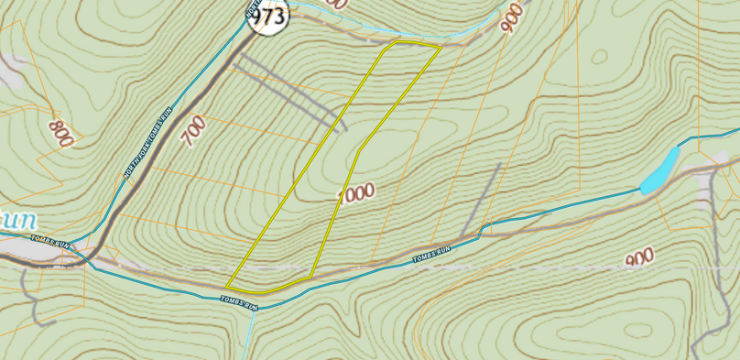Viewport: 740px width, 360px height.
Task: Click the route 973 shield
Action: pos(268,16)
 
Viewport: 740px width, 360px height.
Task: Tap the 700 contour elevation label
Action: pos(193,132)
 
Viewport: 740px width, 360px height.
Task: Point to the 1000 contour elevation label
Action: pos(356,193)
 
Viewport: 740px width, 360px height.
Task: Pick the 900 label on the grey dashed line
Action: pos(638,260)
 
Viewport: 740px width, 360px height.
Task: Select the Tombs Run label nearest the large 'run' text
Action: pos(49,243)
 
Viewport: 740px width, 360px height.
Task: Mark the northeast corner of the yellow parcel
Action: pos(440,48)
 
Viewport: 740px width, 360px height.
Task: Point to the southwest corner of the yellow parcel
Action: pos(226,288)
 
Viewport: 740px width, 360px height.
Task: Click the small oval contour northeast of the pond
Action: pos(599,57)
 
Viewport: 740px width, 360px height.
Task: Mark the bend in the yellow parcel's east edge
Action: pos(360,149)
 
